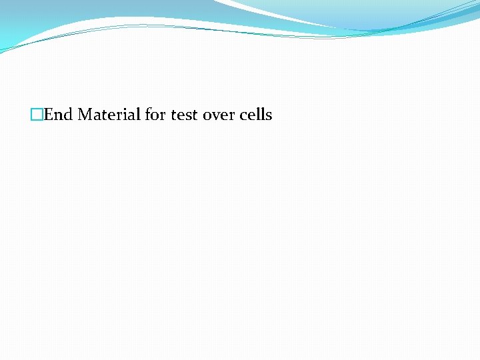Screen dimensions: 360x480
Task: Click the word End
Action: (58, 115)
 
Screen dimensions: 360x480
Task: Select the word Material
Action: (109, 115)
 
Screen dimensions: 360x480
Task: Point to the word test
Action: (184, 115)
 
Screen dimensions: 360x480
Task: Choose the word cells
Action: (255, 115)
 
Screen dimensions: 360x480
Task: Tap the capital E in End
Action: (49, 115)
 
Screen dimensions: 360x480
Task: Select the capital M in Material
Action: (85, 115)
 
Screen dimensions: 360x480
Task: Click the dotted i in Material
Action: (126, 114)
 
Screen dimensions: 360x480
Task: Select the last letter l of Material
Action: (139, 114)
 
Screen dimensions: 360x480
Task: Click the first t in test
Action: (174, 115)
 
